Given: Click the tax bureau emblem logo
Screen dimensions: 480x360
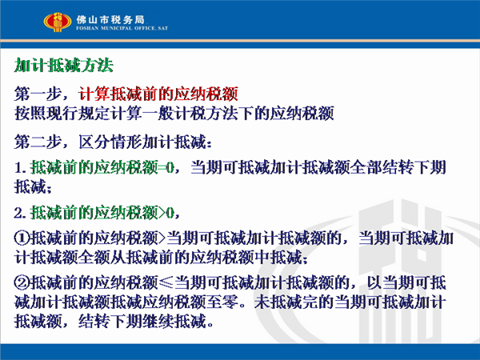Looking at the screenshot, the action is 58,22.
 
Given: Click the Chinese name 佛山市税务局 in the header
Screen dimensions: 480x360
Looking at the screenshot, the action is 110,19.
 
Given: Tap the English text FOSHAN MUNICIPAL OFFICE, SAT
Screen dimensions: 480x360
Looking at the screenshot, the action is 122,28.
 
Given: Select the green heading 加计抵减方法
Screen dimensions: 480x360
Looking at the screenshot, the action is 64,66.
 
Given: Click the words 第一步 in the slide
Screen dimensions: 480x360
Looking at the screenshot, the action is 38,94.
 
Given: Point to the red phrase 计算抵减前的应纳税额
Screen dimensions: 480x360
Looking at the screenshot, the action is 158,94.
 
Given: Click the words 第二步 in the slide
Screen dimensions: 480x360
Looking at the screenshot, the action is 38,142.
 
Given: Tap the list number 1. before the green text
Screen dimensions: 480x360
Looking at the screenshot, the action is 20,168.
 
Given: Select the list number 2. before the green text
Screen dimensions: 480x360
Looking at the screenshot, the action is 20,213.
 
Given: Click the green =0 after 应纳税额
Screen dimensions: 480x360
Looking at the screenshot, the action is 166,168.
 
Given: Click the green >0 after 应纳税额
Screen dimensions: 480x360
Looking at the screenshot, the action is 166,213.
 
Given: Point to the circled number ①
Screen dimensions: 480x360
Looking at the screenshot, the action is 22,238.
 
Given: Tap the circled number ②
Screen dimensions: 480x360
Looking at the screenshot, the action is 22,283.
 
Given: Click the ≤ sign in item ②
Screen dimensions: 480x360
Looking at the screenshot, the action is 166,283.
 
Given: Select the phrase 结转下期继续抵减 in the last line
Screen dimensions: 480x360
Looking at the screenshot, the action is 142,322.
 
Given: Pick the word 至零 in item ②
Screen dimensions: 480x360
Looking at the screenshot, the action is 222,302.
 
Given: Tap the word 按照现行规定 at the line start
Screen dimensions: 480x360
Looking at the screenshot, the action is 62,114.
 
